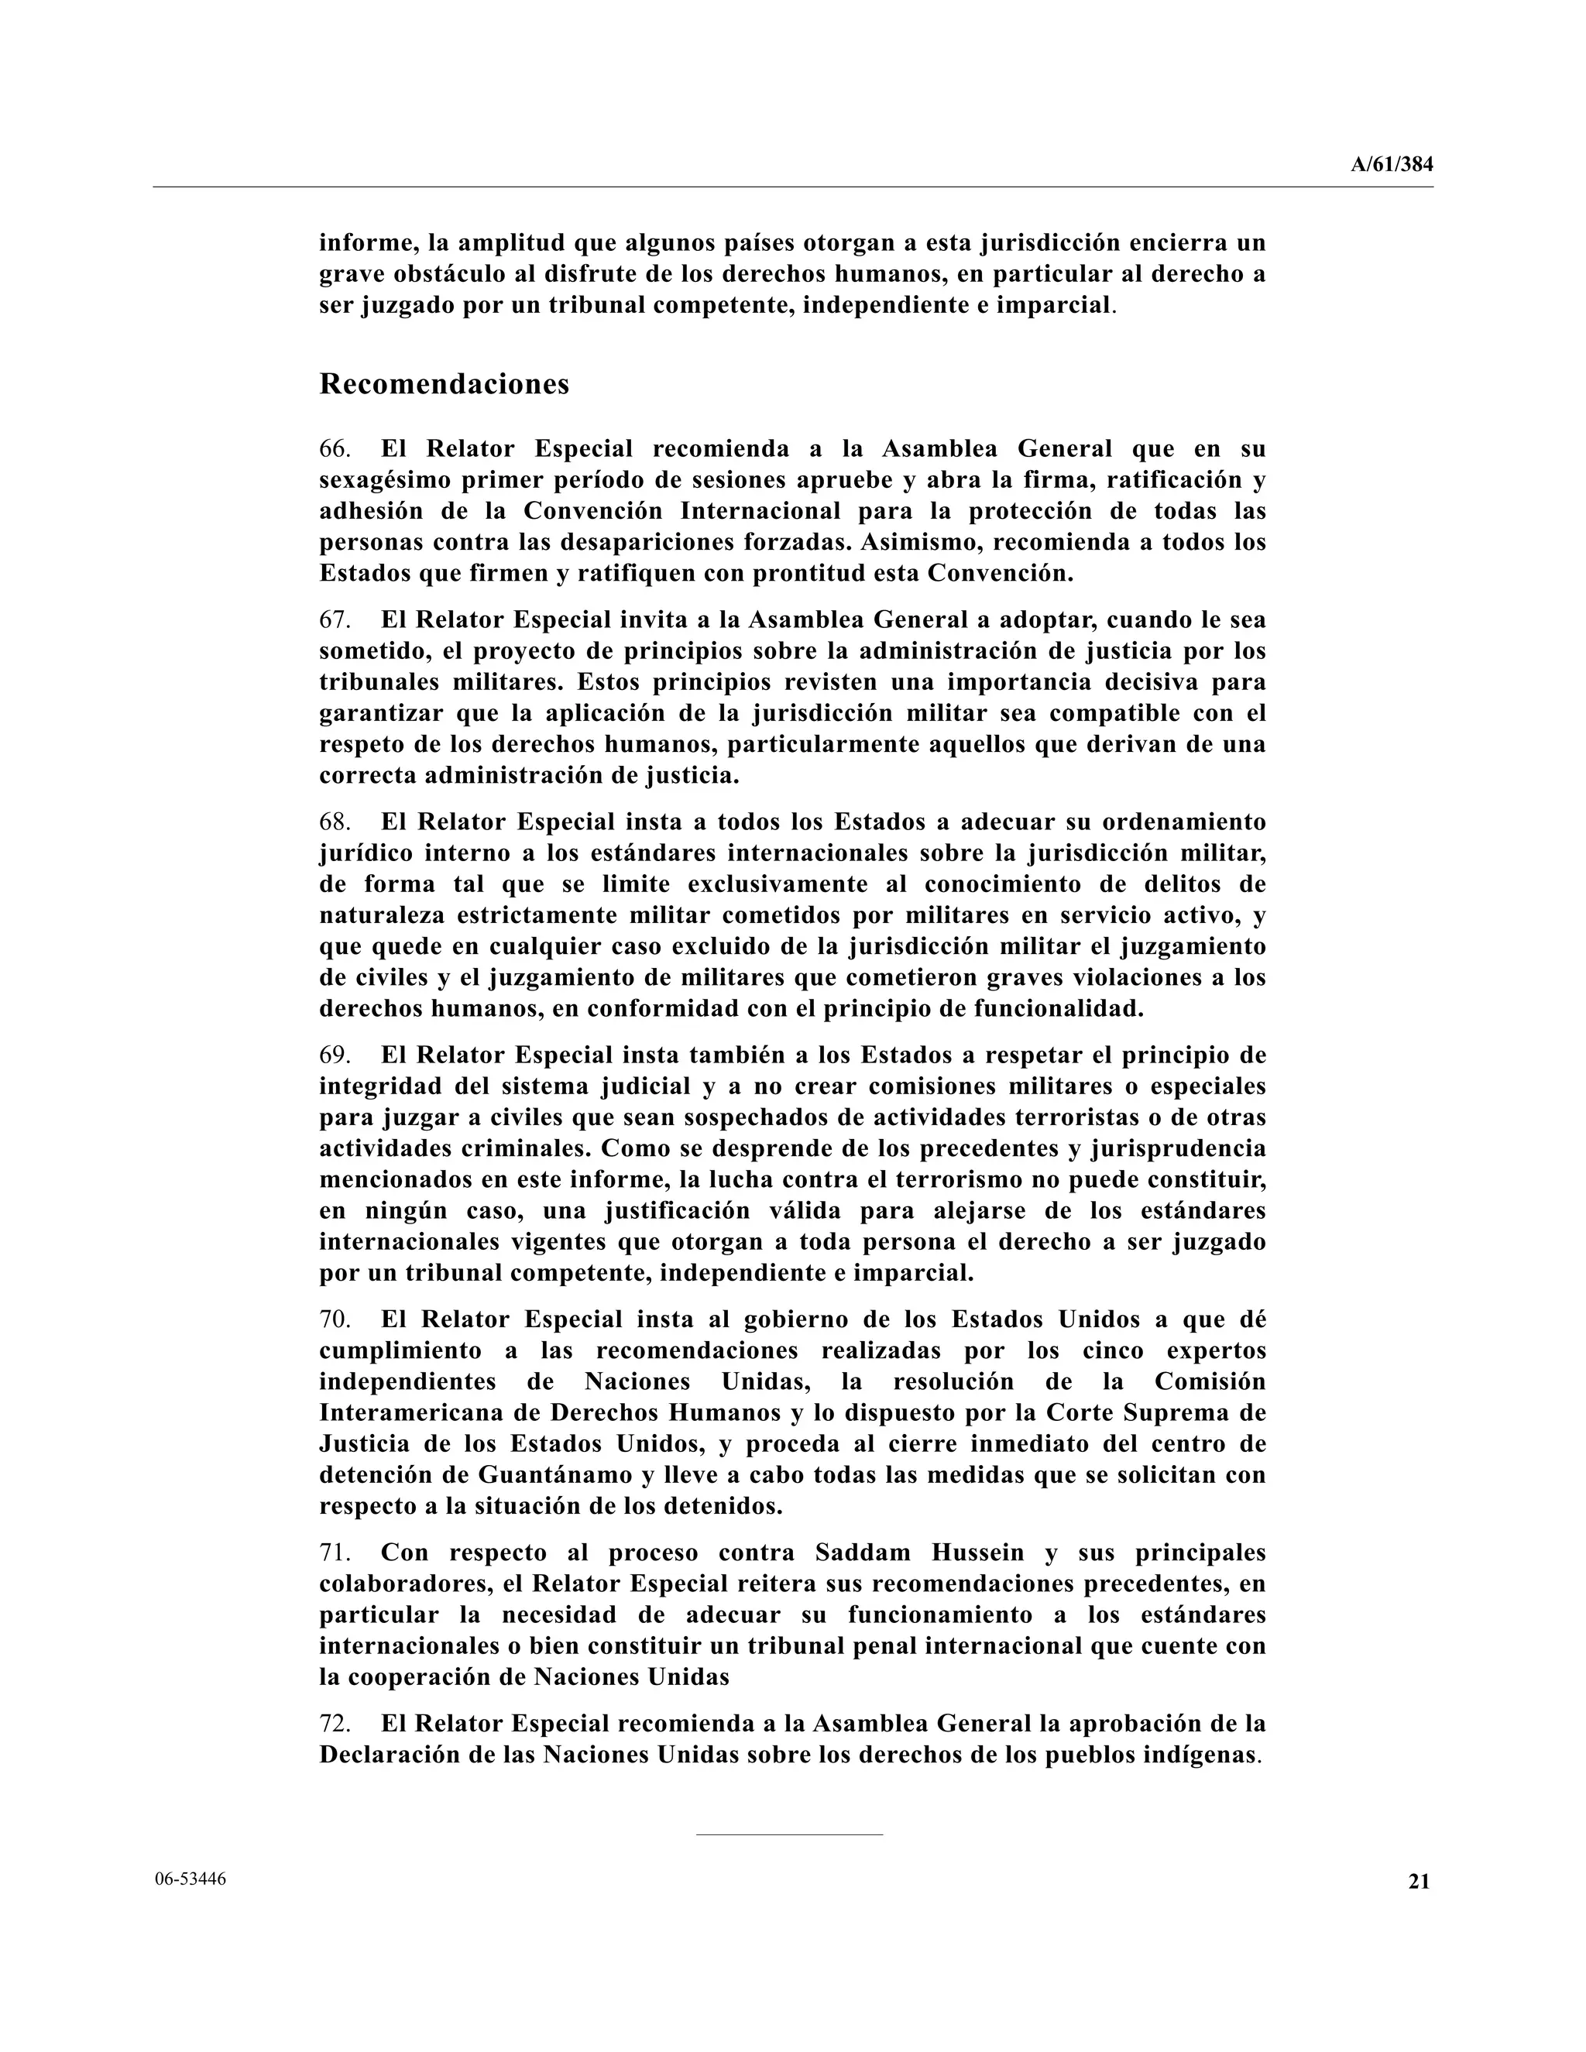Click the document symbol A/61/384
(1392, 164)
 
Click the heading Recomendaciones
(445, 384)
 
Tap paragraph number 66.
(335, 449)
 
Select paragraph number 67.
(335, 620)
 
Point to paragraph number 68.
(335, 822)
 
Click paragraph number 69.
(335, 1055)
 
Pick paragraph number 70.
(335, 1320)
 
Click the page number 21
(1419, 1881)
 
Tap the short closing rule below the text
(789, 1833)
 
